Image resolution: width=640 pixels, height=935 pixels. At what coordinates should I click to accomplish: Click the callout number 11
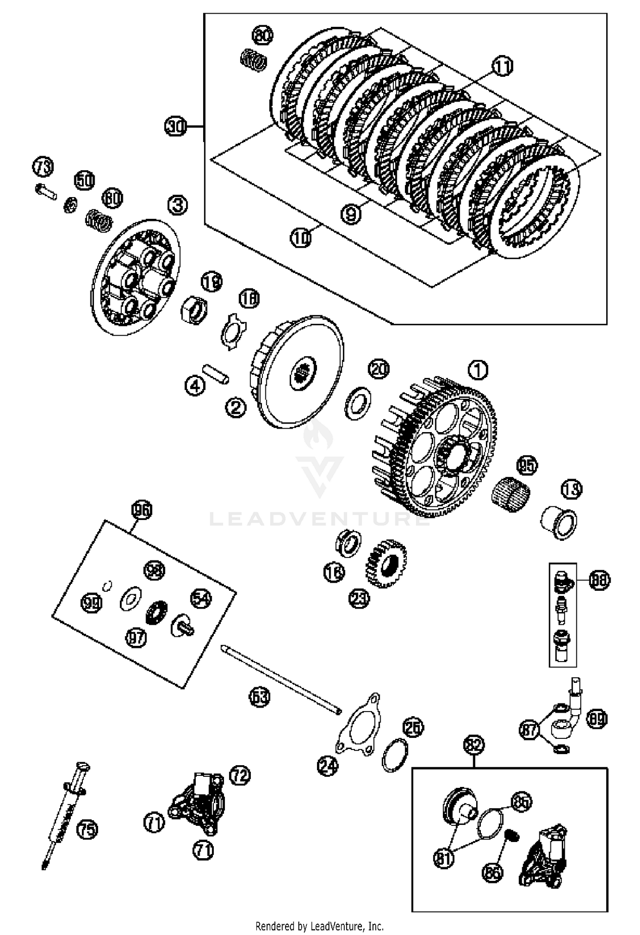(502, 67)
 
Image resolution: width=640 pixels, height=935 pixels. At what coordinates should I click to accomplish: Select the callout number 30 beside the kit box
(175, 127)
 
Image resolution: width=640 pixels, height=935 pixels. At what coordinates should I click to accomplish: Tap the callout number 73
(43, 167)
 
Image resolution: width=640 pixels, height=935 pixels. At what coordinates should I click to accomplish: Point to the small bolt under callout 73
(46, 192)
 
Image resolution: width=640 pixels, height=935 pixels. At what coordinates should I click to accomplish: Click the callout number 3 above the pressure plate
(177, 205)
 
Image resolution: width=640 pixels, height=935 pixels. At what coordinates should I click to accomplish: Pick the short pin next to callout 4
(215, 374)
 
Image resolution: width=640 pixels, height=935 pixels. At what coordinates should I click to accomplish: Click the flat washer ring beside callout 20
(357, 403)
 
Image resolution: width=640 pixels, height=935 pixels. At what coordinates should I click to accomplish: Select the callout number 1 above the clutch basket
(478, 370)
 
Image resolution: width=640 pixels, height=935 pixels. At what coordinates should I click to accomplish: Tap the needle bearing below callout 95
(512, 494)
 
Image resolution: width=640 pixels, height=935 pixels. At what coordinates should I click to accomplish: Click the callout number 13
(571, 489)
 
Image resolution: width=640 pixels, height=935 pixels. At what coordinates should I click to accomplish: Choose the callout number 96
(142, 510)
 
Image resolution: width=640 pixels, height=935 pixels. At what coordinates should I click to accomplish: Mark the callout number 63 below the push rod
(260, 697)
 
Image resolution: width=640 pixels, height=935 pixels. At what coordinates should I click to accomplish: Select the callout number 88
(599, 580)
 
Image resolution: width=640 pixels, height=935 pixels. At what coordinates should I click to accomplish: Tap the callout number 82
(474, 745)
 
